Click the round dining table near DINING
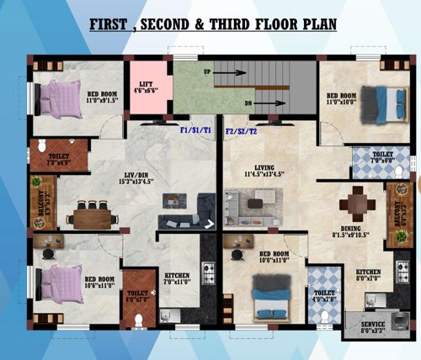point(358,204)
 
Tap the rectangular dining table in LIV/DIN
point(91,215)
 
